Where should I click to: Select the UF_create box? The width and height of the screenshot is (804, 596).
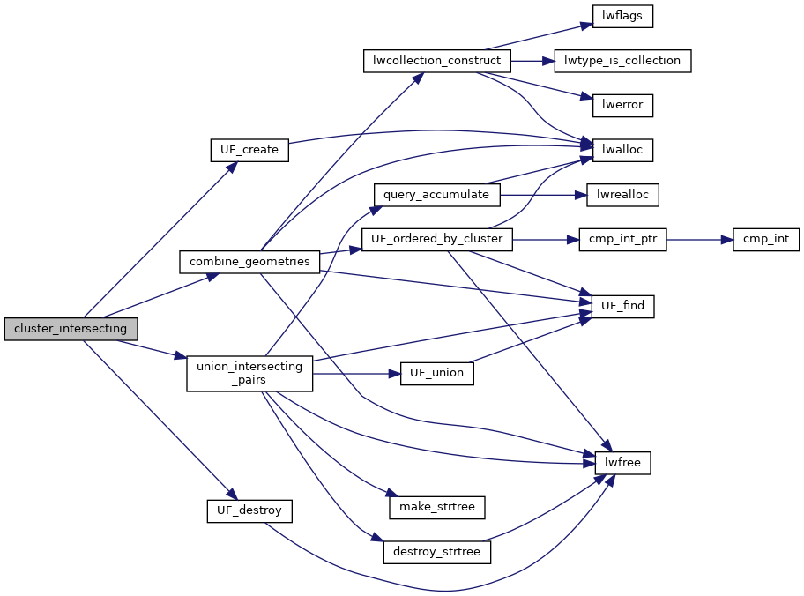[x=249, y=150]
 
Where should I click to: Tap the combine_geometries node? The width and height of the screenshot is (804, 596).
[x=249, y=262]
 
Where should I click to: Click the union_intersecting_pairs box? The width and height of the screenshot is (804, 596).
[x=249, y=373]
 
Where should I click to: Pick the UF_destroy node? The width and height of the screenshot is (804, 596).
[x=249, y=510]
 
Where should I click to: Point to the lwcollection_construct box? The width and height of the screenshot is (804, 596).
[x=437, y=61]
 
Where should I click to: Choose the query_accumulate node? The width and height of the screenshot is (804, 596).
[x=437, y=194]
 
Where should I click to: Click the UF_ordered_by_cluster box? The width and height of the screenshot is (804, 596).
[x=437, y=239]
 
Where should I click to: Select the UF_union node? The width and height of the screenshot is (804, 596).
[x=437, y=373]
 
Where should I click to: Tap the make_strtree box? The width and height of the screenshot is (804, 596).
[x=437, y=507]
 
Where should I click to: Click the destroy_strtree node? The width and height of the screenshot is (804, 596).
[x=437, y=552]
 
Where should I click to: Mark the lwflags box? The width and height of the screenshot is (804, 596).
[x=622, y=16]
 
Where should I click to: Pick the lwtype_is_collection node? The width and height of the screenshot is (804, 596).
[x=622, y=61]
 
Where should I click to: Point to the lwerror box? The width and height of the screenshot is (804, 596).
[x=622, y=105]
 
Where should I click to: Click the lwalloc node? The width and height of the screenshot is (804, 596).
[x=622, y=150]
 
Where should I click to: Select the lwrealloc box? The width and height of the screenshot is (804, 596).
[x=622, y=194]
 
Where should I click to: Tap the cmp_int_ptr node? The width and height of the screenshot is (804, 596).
[x=622, y=239]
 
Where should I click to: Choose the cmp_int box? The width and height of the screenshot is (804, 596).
[x=765, y=239]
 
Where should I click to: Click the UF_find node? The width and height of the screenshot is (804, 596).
[x=622, y=306]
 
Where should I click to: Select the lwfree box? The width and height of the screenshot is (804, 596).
[x=622, y=462]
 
